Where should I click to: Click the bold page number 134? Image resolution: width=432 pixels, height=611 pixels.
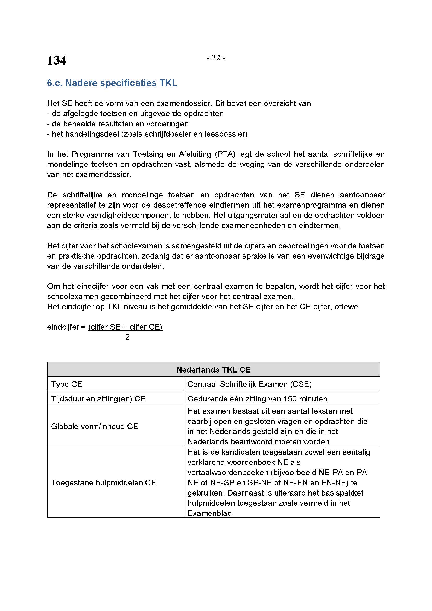point(56,60)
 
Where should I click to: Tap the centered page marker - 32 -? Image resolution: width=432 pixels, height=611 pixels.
point(216,58)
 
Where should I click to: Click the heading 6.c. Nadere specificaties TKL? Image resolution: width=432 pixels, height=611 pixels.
point(112,83)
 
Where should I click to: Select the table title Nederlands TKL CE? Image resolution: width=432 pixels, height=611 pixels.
point(213,370)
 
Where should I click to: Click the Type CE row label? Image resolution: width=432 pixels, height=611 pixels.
point(67,384)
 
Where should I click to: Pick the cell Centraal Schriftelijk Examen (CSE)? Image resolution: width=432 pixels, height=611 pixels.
point(249,384)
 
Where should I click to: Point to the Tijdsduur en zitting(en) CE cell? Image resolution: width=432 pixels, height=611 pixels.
point(98,399)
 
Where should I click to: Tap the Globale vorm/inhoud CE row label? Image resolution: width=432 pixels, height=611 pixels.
point(95,426)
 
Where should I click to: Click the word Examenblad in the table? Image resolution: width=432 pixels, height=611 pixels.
point(210,513)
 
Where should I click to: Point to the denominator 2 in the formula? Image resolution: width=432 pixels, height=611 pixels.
point(127,337)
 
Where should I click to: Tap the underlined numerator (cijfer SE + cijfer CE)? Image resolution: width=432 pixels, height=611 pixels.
point(125,327)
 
